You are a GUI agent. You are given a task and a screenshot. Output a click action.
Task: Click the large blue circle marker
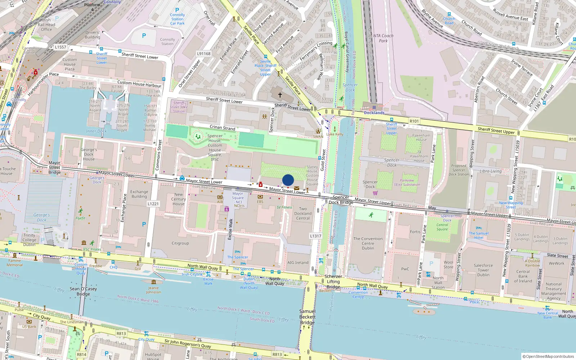288,180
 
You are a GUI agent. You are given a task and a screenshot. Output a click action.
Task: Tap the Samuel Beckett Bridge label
307,317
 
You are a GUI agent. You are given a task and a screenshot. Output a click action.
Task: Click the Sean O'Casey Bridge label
83,291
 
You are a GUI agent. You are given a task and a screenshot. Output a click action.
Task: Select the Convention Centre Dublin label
368,243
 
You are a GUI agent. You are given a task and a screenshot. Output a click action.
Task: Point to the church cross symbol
280,95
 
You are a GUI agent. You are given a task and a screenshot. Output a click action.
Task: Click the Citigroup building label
180,243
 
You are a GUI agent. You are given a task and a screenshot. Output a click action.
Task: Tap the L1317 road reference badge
315,236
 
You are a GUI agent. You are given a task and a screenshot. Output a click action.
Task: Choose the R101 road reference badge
414,121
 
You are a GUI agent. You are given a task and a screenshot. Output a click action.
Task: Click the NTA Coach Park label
383,38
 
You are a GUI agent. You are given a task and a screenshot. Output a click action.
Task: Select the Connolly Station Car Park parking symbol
177,10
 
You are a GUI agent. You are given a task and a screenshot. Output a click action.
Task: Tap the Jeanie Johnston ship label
153,290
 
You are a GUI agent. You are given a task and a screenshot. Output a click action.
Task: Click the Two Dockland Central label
303,213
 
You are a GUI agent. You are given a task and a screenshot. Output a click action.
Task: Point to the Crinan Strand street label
222,127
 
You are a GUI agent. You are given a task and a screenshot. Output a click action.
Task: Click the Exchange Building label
139,194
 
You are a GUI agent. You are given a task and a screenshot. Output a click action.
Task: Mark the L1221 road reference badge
153,204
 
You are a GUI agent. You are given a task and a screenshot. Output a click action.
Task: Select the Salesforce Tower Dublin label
483,270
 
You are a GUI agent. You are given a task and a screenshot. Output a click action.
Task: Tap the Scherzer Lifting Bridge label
333,282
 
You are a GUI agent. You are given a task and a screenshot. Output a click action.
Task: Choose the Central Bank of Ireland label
523,276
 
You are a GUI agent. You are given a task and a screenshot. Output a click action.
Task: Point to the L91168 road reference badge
204,54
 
